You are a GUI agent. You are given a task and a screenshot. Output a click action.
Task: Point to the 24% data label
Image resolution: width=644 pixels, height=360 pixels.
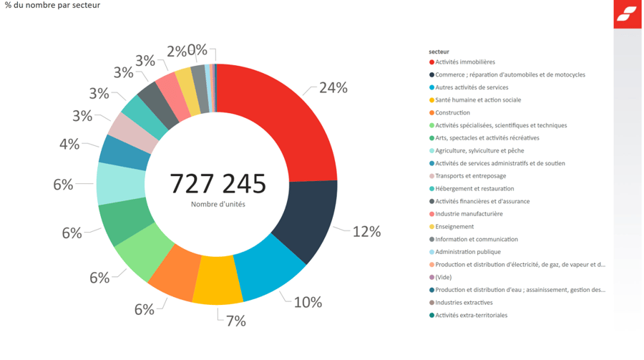333,88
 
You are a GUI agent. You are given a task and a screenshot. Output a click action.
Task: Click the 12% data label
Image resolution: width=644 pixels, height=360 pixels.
366,231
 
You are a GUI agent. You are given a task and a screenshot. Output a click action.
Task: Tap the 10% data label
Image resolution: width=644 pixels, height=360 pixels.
308,302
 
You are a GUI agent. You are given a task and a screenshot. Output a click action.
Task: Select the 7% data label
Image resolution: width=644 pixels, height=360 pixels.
235,321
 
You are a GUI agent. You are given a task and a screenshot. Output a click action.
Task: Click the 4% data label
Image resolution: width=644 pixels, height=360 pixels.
69,144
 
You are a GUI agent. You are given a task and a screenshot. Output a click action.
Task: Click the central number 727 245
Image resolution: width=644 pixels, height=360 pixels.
218,184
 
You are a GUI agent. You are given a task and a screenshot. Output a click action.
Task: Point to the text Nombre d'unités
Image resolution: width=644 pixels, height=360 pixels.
218,205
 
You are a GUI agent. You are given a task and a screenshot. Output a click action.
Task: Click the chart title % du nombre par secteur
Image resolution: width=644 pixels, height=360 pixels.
52,6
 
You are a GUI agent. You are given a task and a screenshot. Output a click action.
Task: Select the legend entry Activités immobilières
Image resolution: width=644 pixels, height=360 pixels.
464,62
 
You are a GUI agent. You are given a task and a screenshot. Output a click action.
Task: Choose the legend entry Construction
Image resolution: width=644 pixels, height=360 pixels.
452,113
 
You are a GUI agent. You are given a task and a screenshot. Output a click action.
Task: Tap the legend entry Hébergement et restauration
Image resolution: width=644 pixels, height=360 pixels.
474,189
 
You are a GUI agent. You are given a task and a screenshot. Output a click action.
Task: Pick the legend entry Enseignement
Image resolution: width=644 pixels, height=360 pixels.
454,227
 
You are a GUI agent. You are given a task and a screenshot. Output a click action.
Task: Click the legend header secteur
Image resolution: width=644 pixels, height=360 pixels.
439,52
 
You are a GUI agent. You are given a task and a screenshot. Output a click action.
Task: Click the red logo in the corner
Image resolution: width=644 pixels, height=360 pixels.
627,14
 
